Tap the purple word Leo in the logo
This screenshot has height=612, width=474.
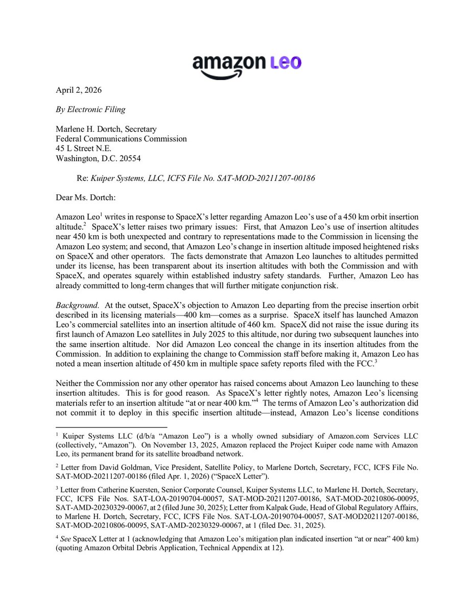(282, 63)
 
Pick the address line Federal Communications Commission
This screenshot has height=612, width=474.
(121, 139)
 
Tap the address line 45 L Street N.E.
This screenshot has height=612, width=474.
(84, 148)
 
